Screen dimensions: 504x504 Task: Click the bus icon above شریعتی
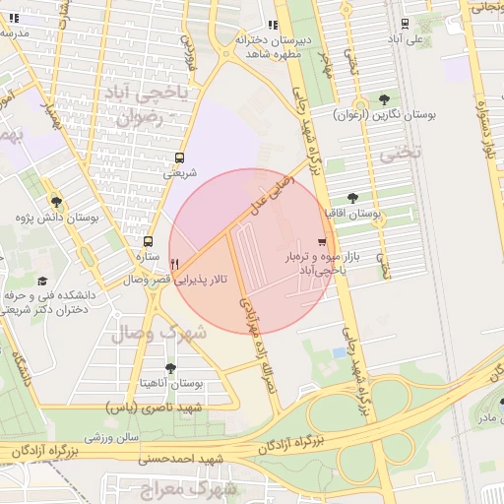pyautogui.click(x=179, y=157)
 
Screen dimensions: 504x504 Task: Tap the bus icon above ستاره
pyautogui.click(x=148, y=241)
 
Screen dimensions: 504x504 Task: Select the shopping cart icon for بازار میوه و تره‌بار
pyautogui.click(x=322, y=242)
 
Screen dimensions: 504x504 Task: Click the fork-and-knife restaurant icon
pyautogui.click(x=174, y=264)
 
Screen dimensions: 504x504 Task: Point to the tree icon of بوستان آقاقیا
pyautogui.click(x=352, y=199)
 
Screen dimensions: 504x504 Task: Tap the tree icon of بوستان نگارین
pyautogui.click(x=384, y=99)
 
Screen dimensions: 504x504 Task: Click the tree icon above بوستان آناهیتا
pyautogui.click(x=171, y=368)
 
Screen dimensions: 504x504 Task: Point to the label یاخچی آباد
pyautogui.click(x=156, y=95)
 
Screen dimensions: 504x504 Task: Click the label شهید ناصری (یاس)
pyautogui.click(x=154, y=407)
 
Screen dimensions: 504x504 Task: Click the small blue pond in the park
pyautogui.click(x=342, y=351)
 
